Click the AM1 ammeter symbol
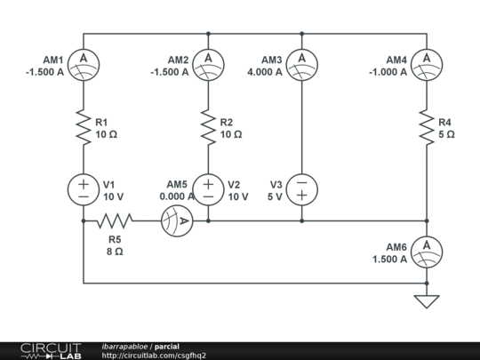point(84,61)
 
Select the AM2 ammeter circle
point(208,61)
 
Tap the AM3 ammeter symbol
point(302,61)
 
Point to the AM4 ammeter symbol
point(427,61)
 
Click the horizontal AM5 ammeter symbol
point(177,220)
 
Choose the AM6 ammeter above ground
point(427,248)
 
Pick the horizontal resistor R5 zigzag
point(115,220)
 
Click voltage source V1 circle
point(84,189)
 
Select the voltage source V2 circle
point(208,189)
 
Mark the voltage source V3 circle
point(302,189)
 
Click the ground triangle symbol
point(427,301)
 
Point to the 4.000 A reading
point(266,73)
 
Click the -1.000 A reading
point(389,73)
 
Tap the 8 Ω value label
point(115,252)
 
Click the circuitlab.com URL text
point(154,356)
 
